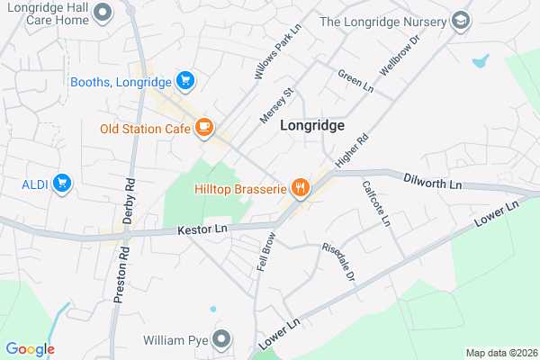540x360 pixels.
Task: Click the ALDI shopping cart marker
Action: (x=62, y=184)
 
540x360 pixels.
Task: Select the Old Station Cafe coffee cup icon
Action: (x=204, y=128)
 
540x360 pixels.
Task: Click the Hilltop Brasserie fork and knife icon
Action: (x=301, y=188)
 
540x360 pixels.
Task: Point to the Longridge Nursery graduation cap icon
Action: (x=462, y=21)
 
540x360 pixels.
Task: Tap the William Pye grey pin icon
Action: (x=222, y=340)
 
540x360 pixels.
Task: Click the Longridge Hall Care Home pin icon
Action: (x=103, y=13)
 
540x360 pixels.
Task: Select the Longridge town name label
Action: (x=312, y=127)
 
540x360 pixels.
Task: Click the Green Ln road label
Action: (x=355, y=80)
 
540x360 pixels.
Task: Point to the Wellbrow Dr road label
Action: (x=400, y=56)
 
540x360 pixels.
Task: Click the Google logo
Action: (x=30, y=349)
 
